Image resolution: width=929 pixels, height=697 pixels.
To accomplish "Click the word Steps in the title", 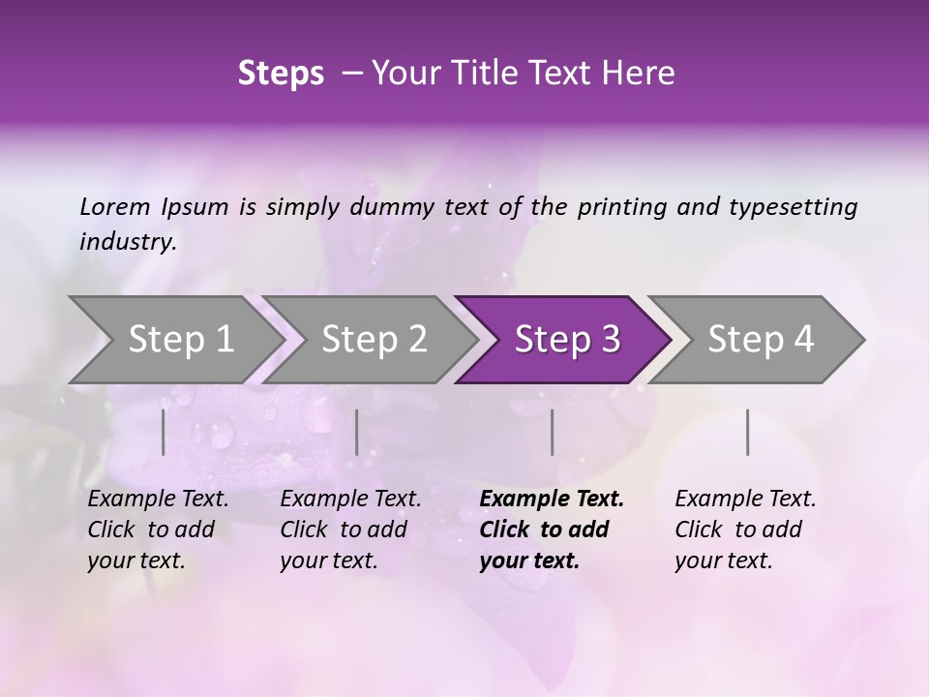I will (281, 74).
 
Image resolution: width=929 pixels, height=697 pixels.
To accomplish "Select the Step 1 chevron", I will (174, 340).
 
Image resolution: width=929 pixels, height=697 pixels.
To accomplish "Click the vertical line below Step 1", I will (163, 432).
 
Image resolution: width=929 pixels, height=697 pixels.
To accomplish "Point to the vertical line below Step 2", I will (357, 432).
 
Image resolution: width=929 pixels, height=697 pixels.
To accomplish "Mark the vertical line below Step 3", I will (552, 432).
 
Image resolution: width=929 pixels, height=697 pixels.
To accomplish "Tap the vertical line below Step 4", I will (747, 432).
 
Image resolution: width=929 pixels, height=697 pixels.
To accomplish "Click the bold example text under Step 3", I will (552, 530).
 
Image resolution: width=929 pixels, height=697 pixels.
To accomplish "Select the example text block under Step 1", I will (158, 530).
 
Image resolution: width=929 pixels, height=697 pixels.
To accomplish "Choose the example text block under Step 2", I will (350, 530).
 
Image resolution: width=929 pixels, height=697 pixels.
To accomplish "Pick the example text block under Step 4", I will (745, 530).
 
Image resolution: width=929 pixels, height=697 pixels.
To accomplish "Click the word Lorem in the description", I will (115, 207).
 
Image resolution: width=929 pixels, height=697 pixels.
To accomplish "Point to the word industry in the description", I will (128, 241).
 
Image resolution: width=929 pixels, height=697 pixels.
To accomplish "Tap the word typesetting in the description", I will (798, 207).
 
